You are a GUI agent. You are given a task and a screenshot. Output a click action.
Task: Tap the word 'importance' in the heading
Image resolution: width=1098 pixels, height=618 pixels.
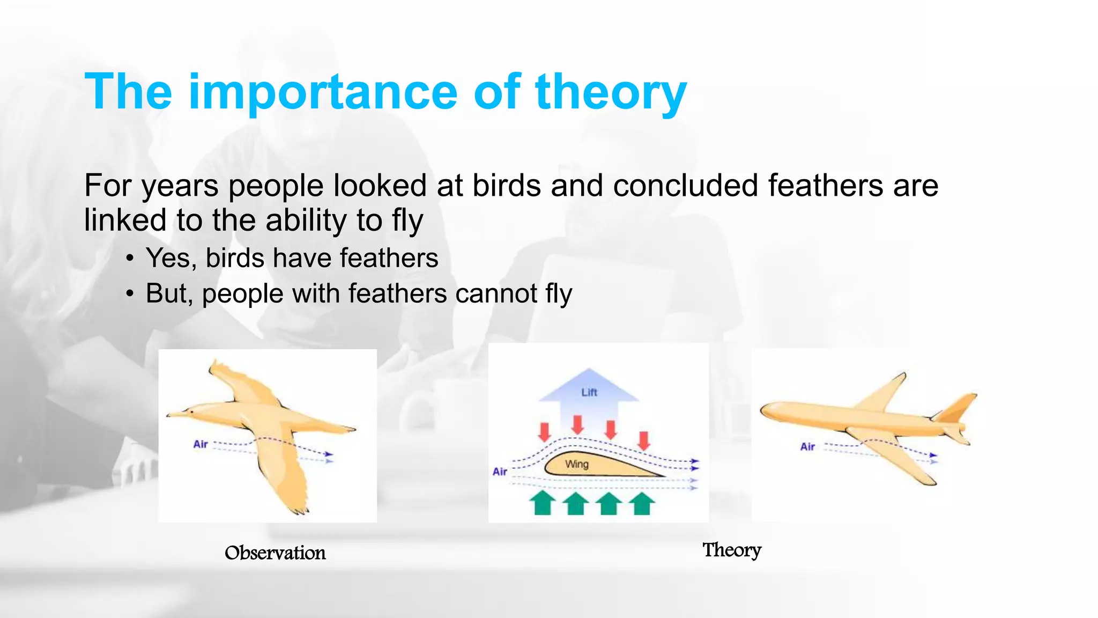pos(323,92)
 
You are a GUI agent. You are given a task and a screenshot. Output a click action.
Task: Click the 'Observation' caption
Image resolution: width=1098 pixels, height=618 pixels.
pos(275,553)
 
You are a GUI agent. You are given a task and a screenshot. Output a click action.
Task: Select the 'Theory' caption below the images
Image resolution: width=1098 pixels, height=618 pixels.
pos(732,550)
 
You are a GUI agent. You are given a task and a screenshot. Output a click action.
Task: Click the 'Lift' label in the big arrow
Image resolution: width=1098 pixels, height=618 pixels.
pos(589,392)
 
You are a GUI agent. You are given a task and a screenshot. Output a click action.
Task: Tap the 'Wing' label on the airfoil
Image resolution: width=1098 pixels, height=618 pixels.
pos(577,464)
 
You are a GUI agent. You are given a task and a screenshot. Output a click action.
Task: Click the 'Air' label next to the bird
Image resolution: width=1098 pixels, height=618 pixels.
pos(201,444)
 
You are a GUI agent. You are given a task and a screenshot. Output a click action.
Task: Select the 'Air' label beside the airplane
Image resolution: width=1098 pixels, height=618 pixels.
pos(807,446)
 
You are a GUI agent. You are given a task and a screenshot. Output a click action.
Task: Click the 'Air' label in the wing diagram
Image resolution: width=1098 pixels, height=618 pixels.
pos(500,472)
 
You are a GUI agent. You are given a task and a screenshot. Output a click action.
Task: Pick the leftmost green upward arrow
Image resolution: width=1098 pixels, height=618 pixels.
pos(543,503)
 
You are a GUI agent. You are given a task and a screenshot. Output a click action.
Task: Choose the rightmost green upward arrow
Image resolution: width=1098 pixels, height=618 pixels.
pos(642,503)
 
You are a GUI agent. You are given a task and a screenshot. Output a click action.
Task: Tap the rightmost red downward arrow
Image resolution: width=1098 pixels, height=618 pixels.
pos(644,440)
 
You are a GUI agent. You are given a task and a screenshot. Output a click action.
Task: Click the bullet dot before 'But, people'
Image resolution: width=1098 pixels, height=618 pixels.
pos(129,295)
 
